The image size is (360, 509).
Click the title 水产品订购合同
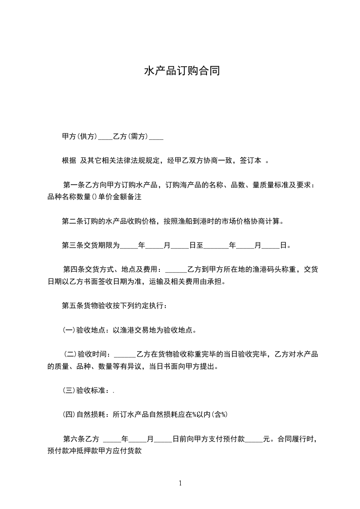[182, 71]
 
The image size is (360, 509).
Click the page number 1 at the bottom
[180, 483]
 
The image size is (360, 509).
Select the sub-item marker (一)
[69, 330]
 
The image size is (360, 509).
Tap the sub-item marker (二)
[70, 354]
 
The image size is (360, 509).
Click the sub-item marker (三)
[69, 390]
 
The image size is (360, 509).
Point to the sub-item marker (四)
[69, 414]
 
